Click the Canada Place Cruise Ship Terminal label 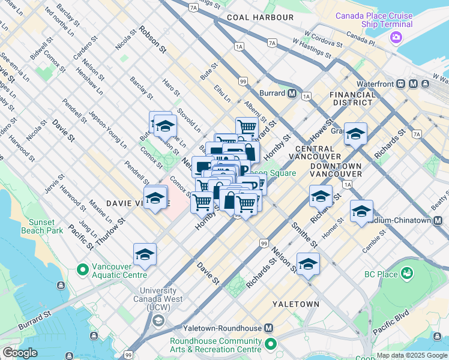coord(374,20)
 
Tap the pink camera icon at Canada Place coord(396,38)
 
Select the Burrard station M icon coord(292,94)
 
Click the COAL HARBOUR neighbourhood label coord(261,18)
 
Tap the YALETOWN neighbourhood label coord(295,304)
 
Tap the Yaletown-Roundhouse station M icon coord(268,328)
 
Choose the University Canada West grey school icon coord(157,319)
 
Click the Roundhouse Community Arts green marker coord(271,344)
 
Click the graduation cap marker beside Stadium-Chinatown coord(361,211)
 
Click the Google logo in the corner coord(20,352)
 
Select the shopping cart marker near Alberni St coord(246,127)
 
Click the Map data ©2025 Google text coord(411,355)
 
